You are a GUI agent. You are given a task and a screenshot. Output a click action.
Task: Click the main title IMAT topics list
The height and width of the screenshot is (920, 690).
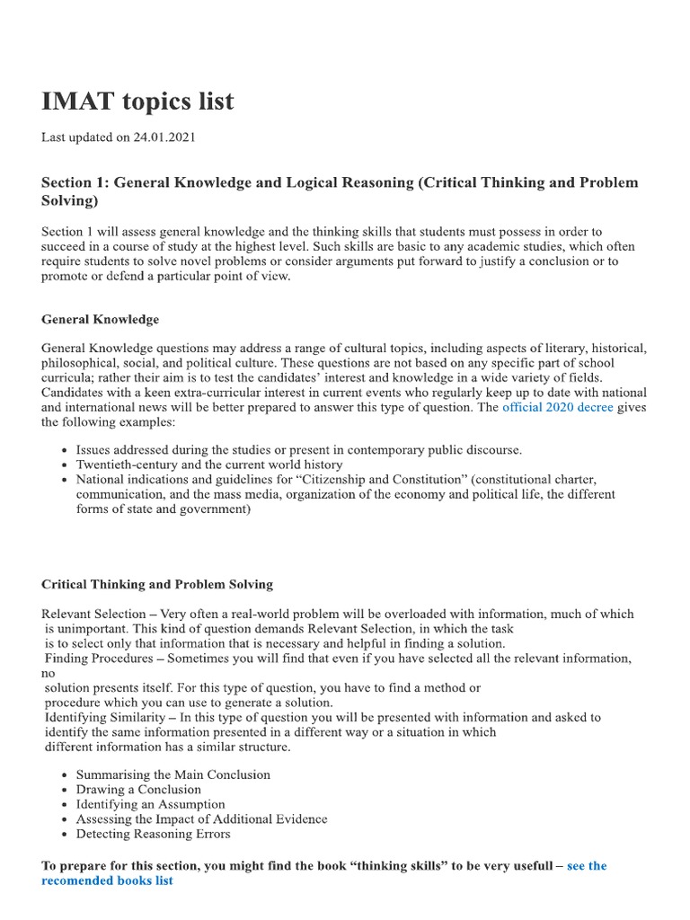tap(137, 102)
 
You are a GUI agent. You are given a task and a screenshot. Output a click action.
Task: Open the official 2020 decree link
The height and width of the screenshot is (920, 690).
tap(557, 407)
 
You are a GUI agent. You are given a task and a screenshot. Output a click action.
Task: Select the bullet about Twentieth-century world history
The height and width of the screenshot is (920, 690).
tap(208, 464)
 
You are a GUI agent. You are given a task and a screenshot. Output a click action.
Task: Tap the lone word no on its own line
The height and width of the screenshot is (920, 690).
tap(49, 673)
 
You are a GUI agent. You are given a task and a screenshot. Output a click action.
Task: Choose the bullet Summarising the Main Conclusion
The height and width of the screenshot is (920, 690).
tap(172, 774)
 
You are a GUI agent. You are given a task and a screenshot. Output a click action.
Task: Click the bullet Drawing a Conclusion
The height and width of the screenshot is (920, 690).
tap(138, 790)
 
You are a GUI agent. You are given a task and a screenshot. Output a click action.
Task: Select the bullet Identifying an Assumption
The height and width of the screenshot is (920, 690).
tap(150, 804)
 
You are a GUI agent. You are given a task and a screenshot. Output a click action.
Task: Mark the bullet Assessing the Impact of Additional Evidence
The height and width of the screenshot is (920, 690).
tap(201, 819)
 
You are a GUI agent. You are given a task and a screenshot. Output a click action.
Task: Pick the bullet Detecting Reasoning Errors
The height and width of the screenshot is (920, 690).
tap(153, 834)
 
